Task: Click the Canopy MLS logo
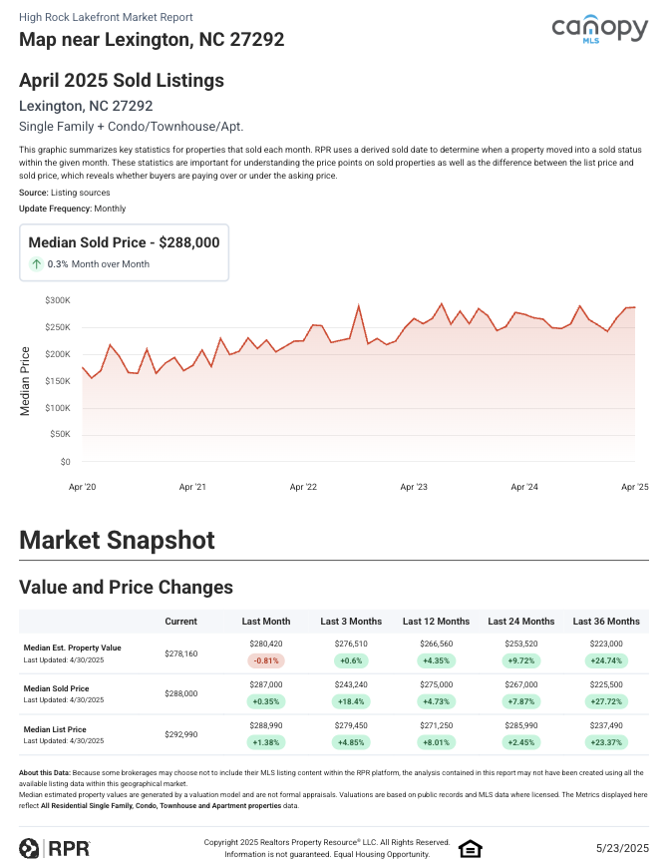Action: pos(599,31)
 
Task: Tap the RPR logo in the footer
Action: pos(55,848)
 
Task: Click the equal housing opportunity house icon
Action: pos(470,849)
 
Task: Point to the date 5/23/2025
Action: pos(622,848)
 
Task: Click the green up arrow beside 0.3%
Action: pos(36,264)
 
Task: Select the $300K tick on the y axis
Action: pos(58,300)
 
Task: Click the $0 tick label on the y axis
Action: pos(64,462)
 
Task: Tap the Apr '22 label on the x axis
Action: pos(303,487)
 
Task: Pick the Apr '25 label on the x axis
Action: pos(635,487)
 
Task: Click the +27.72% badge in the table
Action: pos(606,701)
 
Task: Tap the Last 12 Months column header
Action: pos(436,622)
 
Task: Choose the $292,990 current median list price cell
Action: pos(180,734)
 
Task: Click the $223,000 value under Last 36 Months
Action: pos(606,645)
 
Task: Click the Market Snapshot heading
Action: pos(117,541)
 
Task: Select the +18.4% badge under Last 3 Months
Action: pos(351,701)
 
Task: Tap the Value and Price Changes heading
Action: pos(126,587)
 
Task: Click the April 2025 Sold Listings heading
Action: pos(122,81)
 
